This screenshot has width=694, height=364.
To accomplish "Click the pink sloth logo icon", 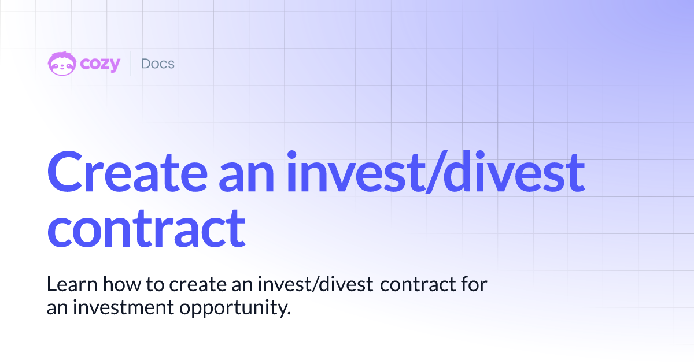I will coord(61,64).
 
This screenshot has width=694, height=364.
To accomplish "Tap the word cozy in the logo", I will coord(100,64).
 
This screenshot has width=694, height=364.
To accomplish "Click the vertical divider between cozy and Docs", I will coord(131,64).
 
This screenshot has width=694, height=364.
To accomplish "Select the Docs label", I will coord(157,64).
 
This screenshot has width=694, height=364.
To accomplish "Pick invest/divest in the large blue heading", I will coord(434,171).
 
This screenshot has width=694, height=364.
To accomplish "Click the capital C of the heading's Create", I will coord(67,171).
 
